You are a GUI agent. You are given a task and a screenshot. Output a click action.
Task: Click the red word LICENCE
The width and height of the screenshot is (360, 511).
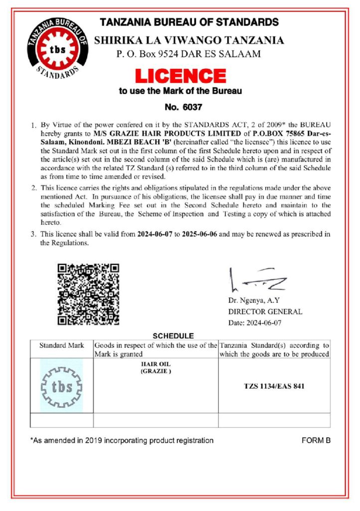[x=180, y=76]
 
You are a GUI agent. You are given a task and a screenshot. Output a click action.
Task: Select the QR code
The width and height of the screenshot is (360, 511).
[x=88, y=294]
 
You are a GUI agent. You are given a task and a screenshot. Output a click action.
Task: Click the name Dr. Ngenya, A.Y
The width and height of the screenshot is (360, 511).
[x=254, y=300]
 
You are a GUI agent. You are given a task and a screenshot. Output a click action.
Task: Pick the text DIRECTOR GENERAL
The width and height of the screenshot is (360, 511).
[x=265, y=311]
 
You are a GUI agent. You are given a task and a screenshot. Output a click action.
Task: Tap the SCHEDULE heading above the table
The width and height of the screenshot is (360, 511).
[x=173, y=336]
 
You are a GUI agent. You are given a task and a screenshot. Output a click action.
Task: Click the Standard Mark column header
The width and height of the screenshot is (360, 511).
[x=62, y=345]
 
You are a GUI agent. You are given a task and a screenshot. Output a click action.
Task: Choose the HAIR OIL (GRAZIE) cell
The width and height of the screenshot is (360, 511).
[x=156, y=368]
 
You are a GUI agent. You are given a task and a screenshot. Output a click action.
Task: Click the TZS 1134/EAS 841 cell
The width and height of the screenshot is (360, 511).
[x=274, y=386]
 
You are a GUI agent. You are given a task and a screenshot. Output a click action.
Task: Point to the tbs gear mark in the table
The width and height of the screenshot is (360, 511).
[x=61, y=386]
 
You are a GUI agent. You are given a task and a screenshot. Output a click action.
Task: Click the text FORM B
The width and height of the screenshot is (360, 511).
[x=316, y=441]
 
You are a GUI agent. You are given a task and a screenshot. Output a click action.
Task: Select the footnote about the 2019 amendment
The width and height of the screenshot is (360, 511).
[x=122, y=441]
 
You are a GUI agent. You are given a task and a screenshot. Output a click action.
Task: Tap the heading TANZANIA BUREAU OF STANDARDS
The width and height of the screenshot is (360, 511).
[x=189, y=22]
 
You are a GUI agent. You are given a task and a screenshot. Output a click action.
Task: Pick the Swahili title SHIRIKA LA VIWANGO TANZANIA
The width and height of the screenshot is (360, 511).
[x=189, y=40]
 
